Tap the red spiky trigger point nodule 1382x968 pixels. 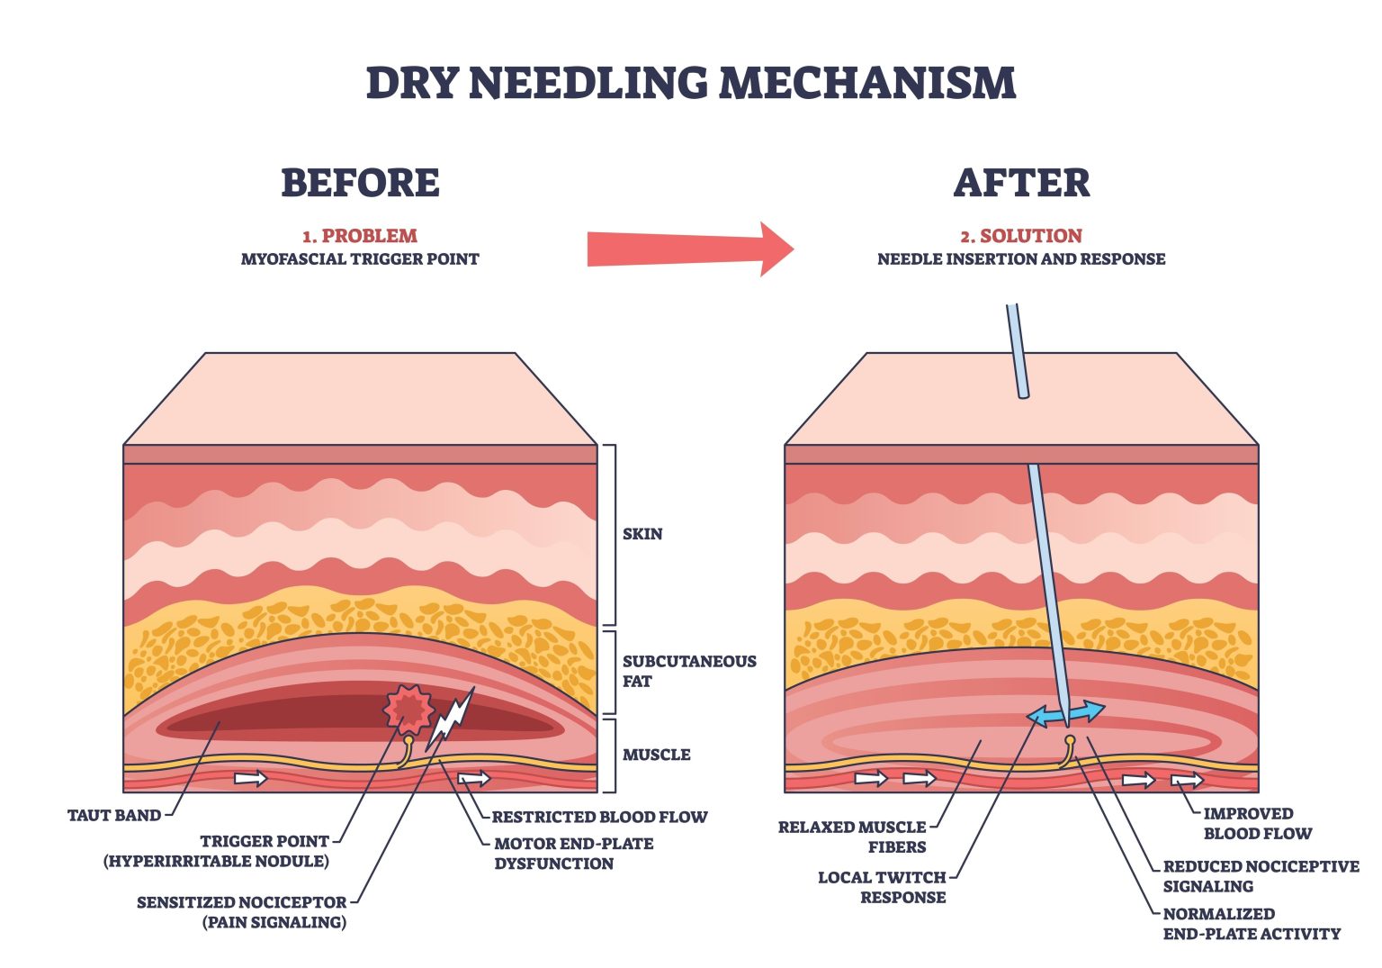pyautogui.click(x=409, y=710)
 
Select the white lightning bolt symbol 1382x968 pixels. pyautogui.click(x=450, y=720)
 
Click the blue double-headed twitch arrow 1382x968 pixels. pyautogui.click(x=1066, y=714)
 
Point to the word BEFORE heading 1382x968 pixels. pyautogui.click(x=360, y=183)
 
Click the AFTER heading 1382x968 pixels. pyautogui.click(x=1021, y=183)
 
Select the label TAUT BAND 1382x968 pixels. pyautogui.click(x=114, y=816)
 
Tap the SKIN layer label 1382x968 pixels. pyautogui.click(x=642, y=534)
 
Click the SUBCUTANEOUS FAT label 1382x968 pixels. pyautogui.click(x=688, y=671)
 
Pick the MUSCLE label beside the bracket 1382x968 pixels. pyautogui.click(x=657, y=755)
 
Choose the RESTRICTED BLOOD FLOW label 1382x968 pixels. pyautogui.click(x=599, y=818)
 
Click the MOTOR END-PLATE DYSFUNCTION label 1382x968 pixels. pyautogui.click(x=573, y=854)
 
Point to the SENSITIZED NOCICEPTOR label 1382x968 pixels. pyautogui.click(x=241, y=911)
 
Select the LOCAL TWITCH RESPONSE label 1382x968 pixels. pyautogui.click(x=882, y=887)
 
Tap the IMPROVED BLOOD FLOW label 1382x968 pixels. pyautogui.click(x=1257, y=823)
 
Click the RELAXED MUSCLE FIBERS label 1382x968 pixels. pyautogui.click(x=852, y=837)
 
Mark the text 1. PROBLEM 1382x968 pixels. pyautogui.click(x=360, y=236)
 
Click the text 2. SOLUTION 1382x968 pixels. pyautogui.click(x=1021, y=236)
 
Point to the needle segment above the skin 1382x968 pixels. pyautogui.click(x=1018, y=351)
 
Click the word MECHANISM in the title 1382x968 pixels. pyautogui.click(x=867, y=83)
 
